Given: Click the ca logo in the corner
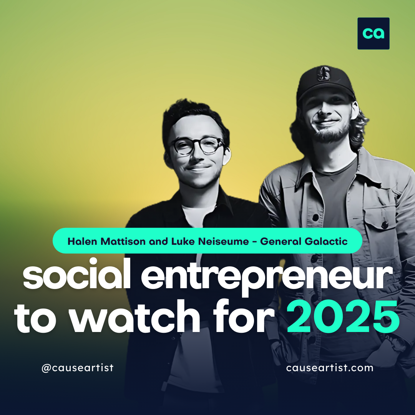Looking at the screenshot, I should point(373,33).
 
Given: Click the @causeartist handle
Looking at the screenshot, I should point(78,368).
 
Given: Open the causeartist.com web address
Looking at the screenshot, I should point(330,368).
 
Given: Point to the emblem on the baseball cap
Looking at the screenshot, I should point(324,73).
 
